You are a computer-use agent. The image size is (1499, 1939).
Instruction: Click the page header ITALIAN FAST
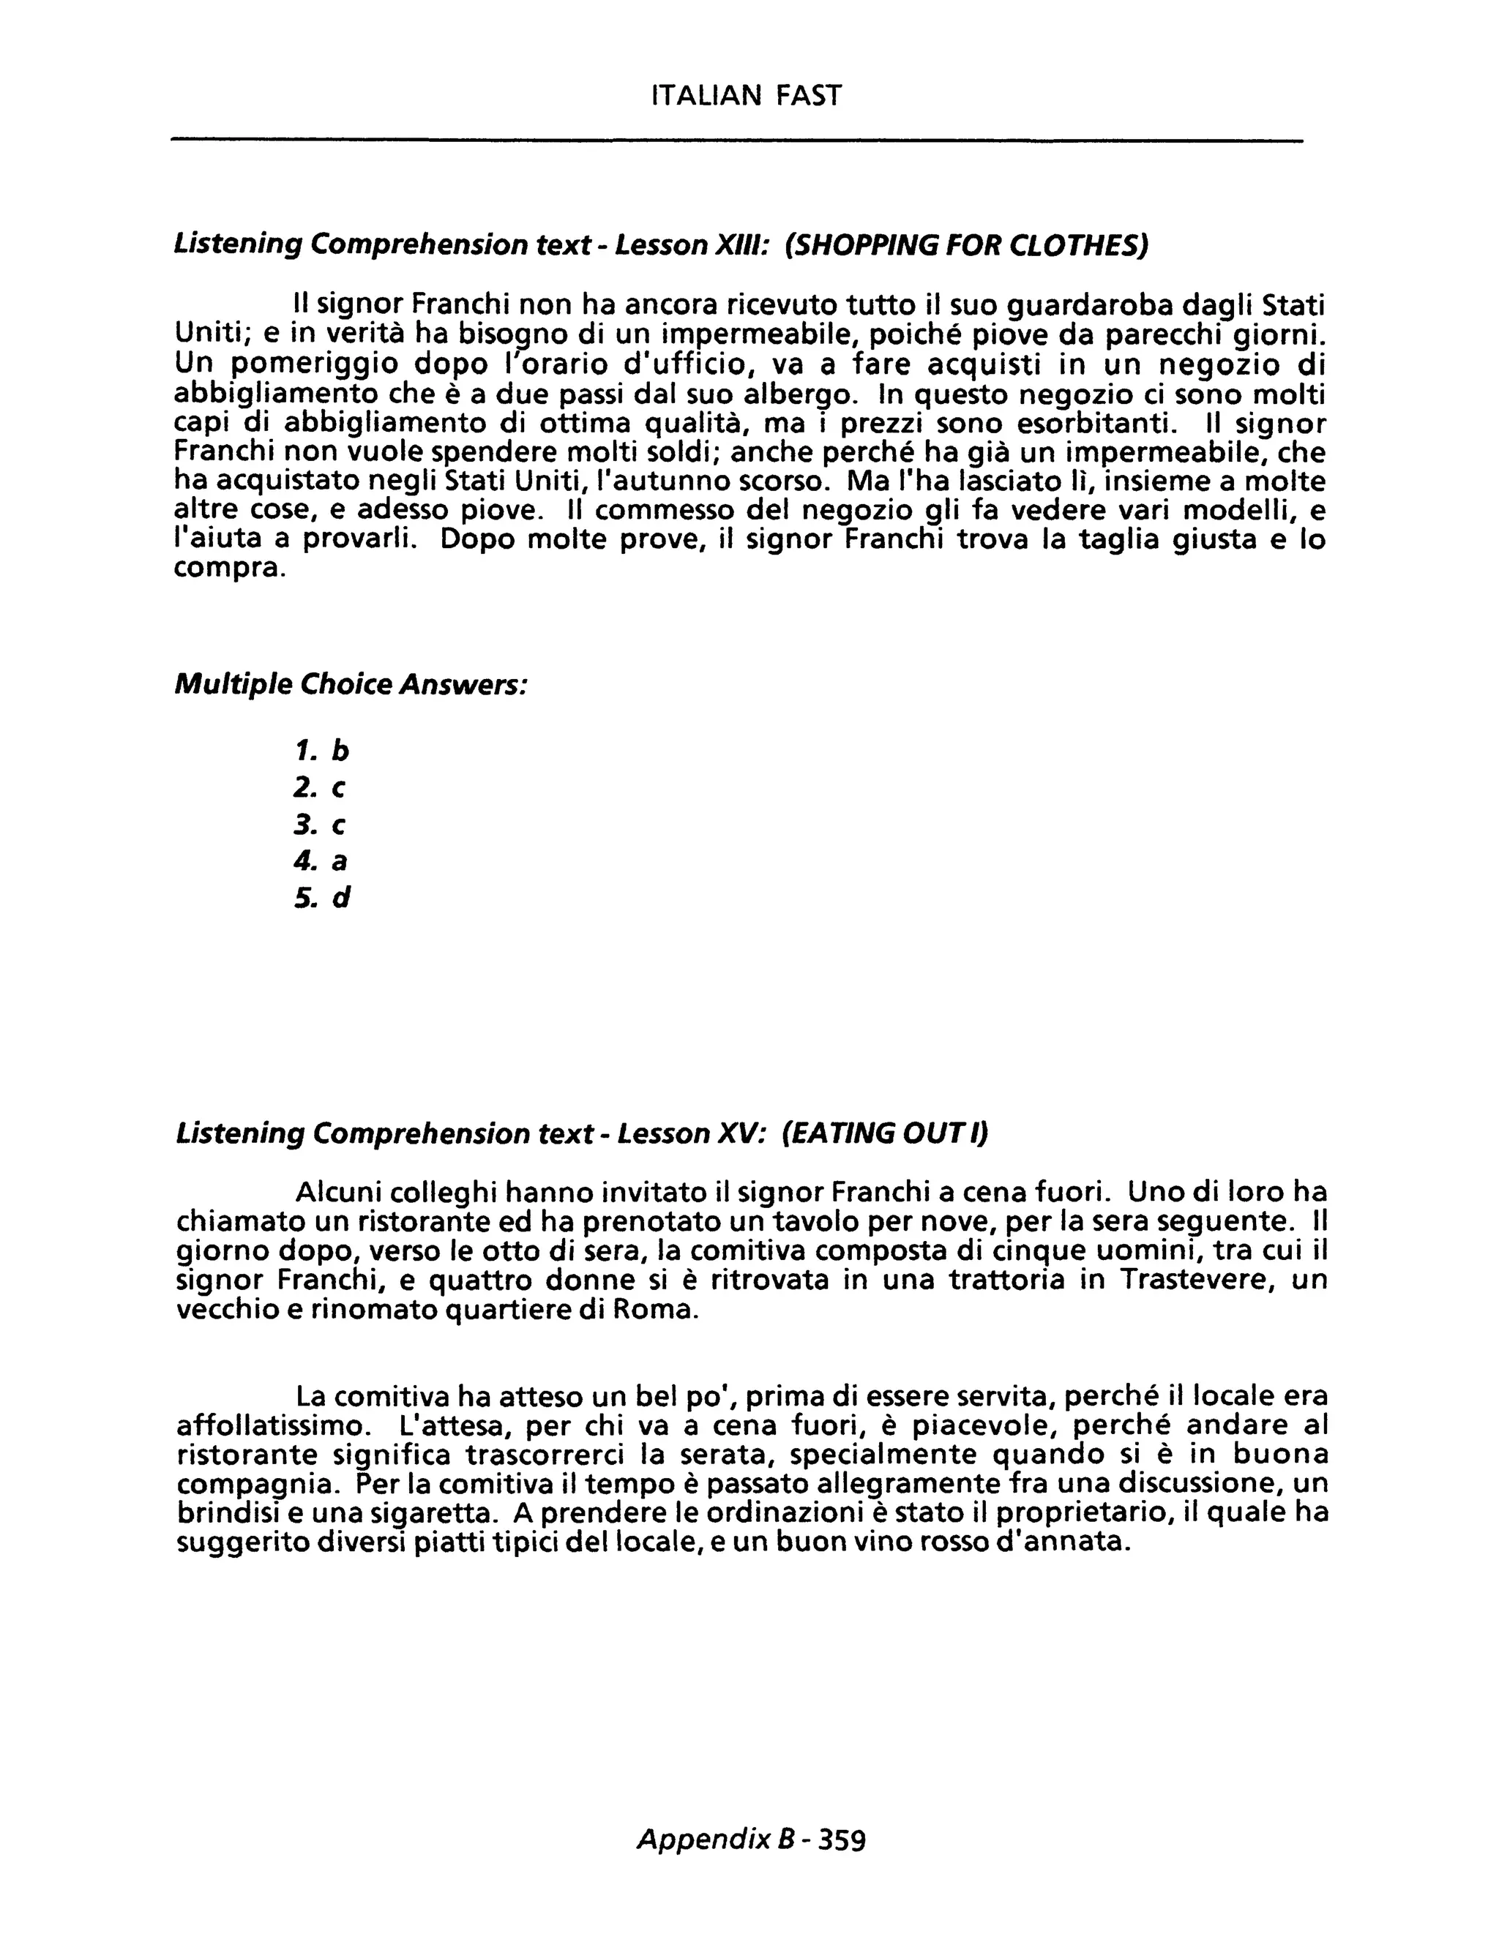coord(746,95)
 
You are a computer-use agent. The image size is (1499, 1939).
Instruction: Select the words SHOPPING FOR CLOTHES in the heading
coord(966,244)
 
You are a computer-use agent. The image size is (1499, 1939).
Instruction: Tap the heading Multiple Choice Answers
coord(351,685)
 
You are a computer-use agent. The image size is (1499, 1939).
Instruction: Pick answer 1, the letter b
coord(340,751)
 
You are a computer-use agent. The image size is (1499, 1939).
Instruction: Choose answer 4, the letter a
coord(339,861)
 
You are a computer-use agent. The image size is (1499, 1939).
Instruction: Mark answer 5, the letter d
coord(341,899)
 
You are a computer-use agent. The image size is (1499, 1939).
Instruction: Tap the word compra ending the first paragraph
coord(229,569)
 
